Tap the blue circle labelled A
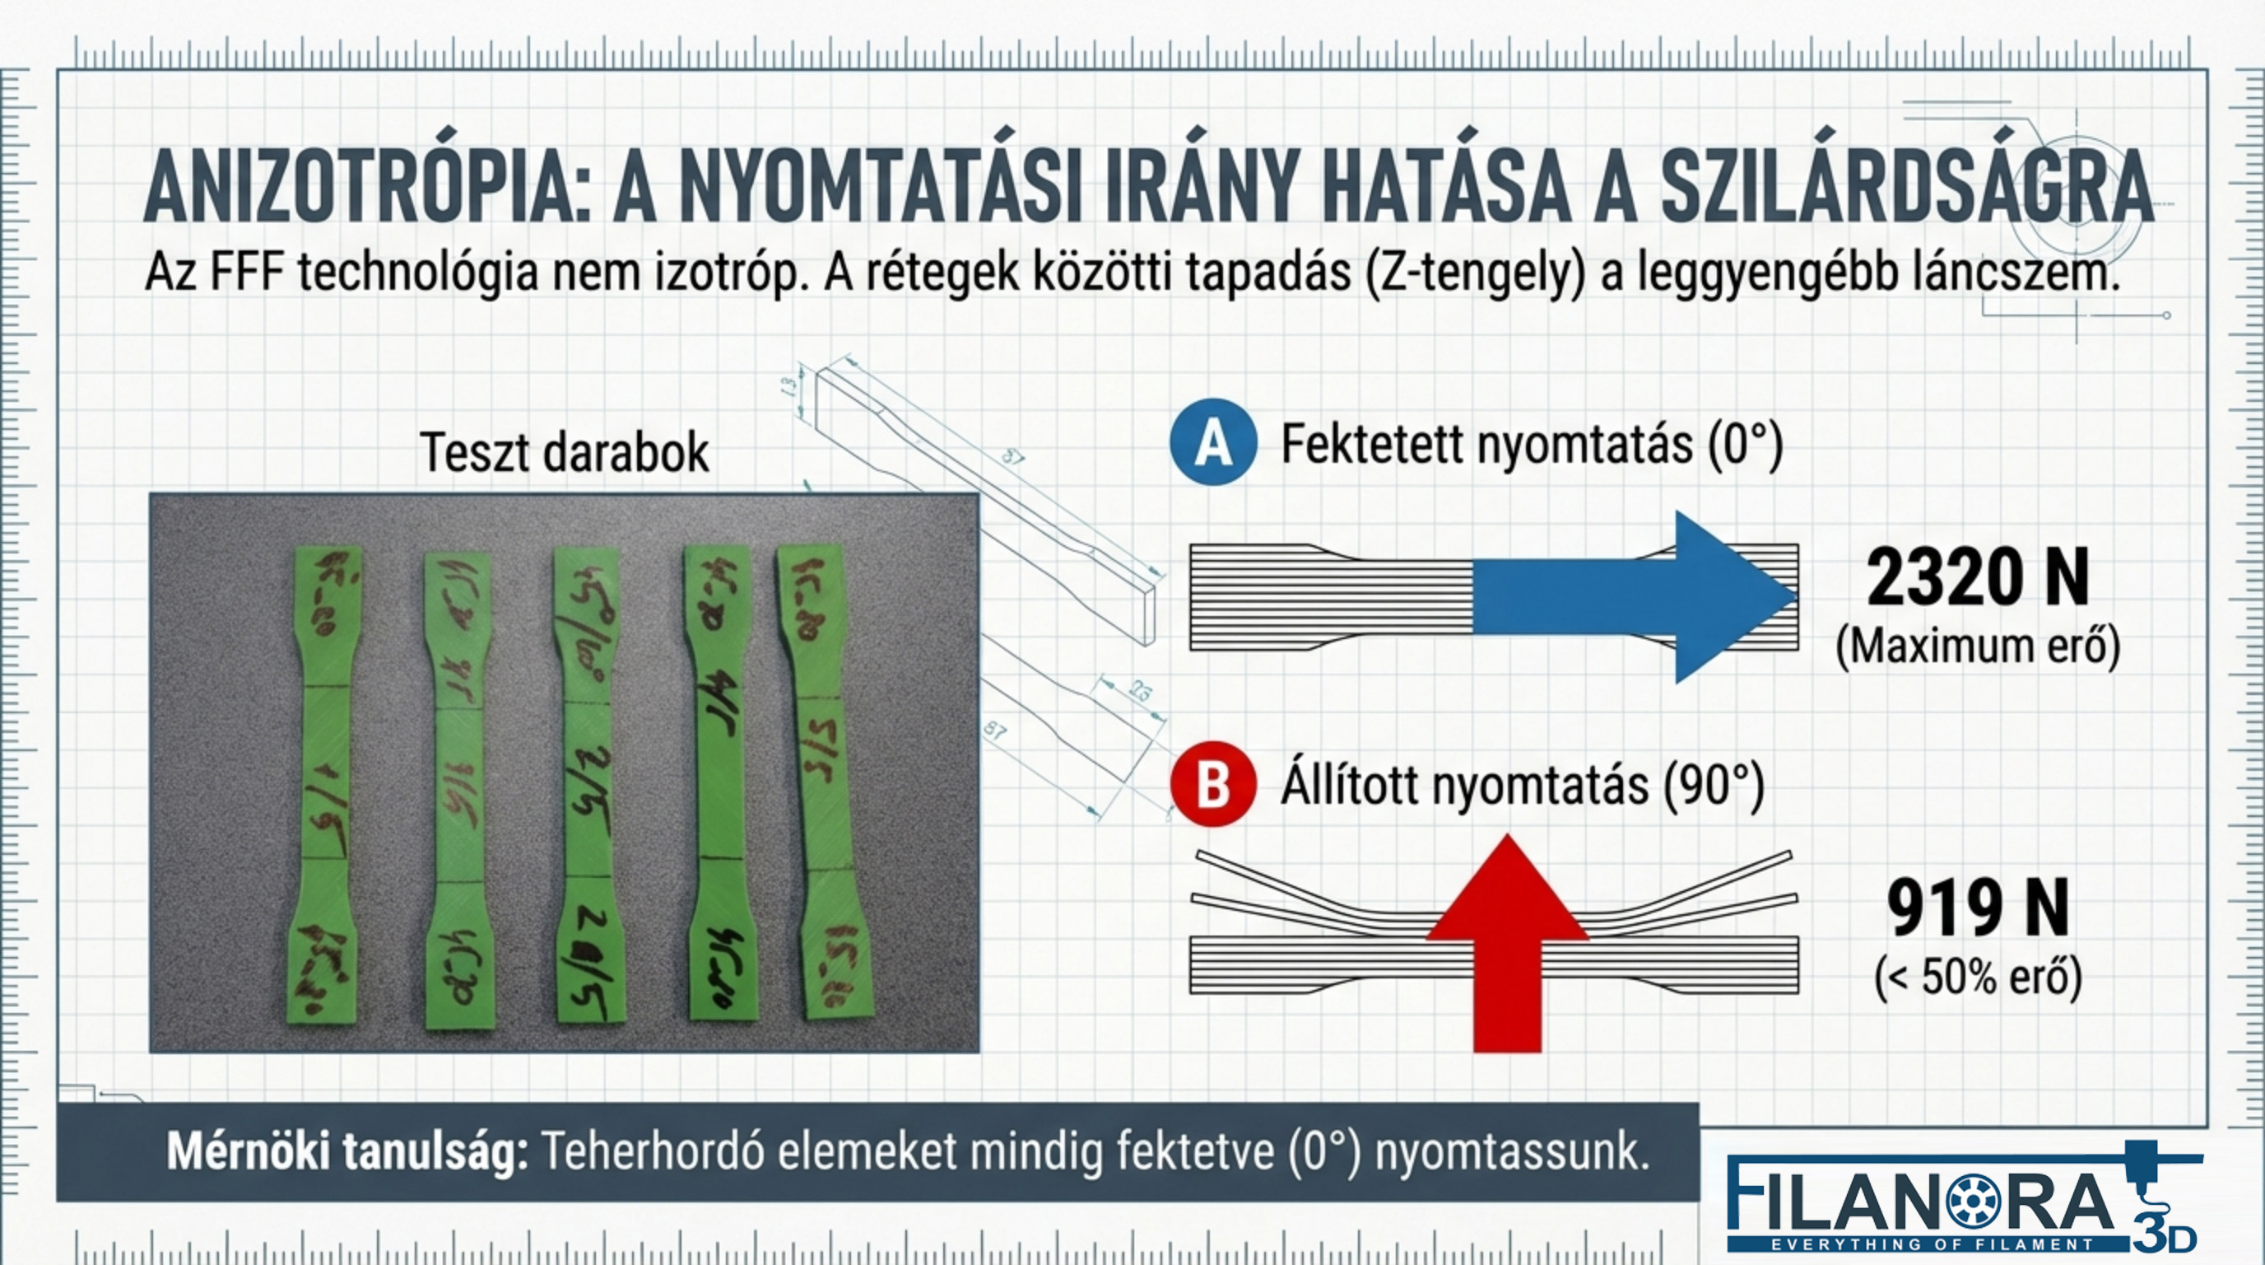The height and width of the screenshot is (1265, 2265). [x=1212, y=442]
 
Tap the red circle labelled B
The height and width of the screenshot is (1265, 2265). [x=1212, y=785]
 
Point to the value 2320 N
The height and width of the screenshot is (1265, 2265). [x=1978, y=578]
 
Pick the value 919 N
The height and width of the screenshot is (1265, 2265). [x=1978, y=908]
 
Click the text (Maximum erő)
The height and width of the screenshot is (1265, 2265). [x=1978, y=647]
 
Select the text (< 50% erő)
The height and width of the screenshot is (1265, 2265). [x=1978, y=977]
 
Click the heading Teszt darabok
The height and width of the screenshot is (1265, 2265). [x=565, y=452]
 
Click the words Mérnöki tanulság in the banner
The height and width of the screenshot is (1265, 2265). [x=347, y=1151]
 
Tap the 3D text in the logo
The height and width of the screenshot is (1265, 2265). [x=2165, y=1236]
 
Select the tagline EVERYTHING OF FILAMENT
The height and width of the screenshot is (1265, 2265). [x=1930, y=1244]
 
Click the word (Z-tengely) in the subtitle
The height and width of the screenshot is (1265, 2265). [x=1477, y=273]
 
